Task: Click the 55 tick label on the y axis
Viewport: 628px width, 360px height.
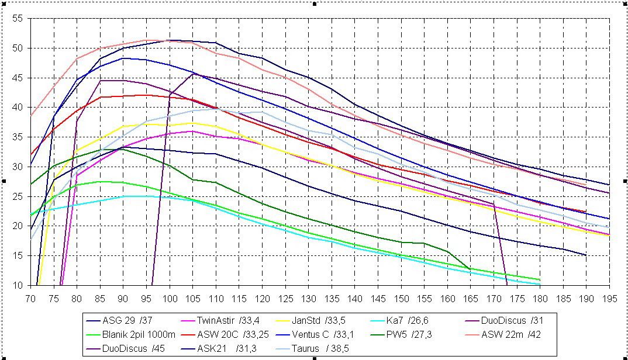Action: [x=18, y=19]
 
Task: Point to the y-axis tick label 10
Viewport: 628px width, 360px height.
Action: [x=18, y=286]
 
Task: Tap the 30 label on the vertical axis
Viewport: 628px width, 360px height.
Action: [x=18, y=167]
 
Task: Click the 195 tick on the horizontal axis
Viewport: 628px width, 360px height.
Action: [x=609, y=297]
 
